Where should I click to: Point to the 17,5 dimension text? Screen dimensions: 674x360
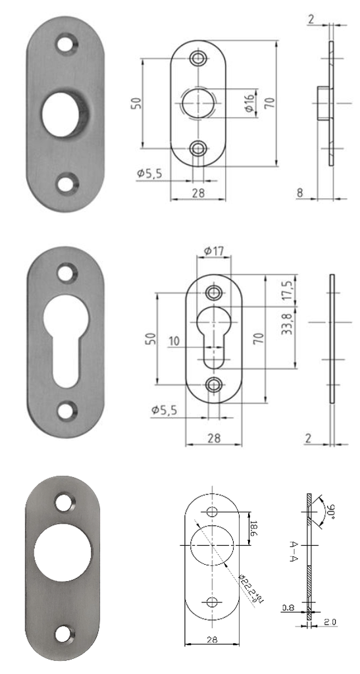(x=287, y=289)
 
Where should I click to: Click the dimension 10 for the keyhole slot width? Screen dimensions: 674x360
(x=174, y=340)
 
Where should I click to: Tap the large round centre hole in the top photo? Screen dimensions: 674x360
(x=64, y=113)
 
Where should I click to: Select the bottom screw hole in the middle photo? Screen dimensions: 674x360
(x=65, y=411)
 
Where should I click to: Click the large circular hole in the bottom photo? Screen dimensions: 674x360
(x=63, y=554)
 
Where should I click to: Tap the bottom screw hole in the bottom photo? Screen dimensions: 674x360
(x=64, y=633)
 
